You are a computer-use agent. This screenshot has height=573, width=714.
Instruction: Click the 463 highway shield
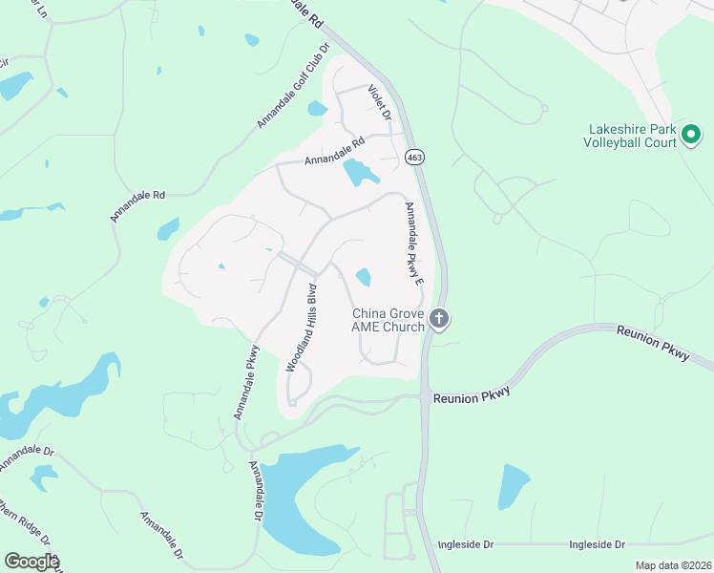pyautogui.click(x=414, y=157)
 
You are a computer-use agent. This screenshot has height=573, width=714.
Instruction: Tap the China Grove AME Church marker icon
pyautogui.click(x=438, y=318)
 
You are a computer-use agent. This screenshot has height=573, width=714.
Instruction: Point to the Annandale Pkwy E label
pyautogui.click(x=413, y=244)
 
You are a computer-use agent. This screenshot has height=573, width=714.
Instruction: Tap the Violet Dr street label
pyautogui.click(x=381, y=99)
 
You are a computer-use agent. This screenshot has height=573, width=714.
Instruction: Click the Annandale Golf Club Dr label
pyautogui.click(x=293, y=86)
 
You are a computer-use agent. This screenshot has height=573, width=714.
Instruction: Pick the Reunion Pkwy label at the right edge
pyautogui.click(x=654, y=342)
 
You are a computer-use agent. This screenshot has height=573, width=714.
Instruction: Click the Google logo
pyautogui.click(x=31, y=562)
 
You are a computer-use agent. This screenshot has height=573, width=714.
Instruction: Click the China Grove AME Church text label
pyautogui.click(x=388, y=320)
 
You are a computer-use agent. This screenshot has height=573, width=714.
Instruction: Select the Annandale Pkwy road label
pyautogui.click(x=245, y=382)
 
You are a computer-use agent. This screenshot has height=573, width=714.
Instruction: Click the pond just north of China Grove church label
pyautogui.click(x=364, y=277)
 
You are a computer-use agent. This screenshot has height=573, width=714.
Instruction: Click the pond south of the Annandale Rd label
pyautogui.click(x=360, y=173)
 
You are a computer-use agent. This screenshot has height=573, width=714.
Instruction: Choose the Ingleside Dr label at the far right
pyautogui.click(x=597, y=544)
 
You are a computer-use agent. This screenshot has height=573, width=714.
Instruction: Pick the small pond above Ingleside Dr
pyautogui.click(x=513, y=486)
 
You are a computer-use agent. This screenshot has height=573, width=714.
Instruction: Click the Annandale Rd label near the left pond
pyautogui.click(x=138, y=206)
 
